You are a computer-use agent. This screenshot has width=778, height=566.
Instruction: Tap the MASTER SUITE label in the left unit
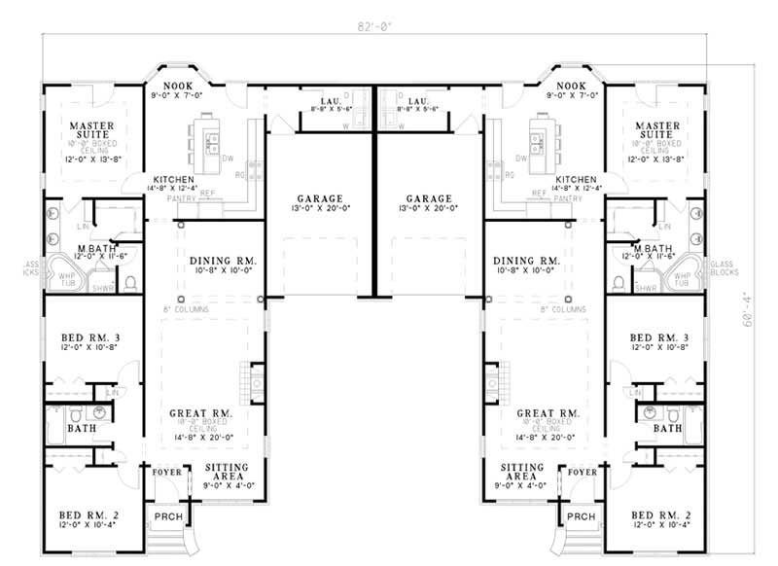(x=92, y=130)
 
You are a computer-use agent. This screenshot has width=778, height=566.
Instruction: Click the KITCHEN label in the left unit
(x=172, y=180)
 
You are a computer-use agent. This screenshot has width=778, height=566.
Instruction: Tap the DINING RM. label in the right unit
(x=526, y=261)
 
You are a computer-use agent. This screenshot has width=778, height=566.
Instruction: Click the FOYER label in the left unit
(x=167, y=473)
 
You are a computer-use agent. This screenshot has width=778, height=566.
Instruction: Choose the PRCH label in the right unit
(x=581, y=515)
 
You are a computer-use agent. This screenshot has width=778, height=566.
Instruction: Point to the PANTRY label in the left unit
(x=183, y=198)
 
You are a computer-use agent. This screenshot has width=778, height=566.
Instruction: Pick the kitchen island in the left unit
(x=208, y=135)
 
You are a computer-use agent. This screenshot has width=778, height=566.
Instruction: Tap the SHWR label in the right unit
(x=644, y=288)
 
